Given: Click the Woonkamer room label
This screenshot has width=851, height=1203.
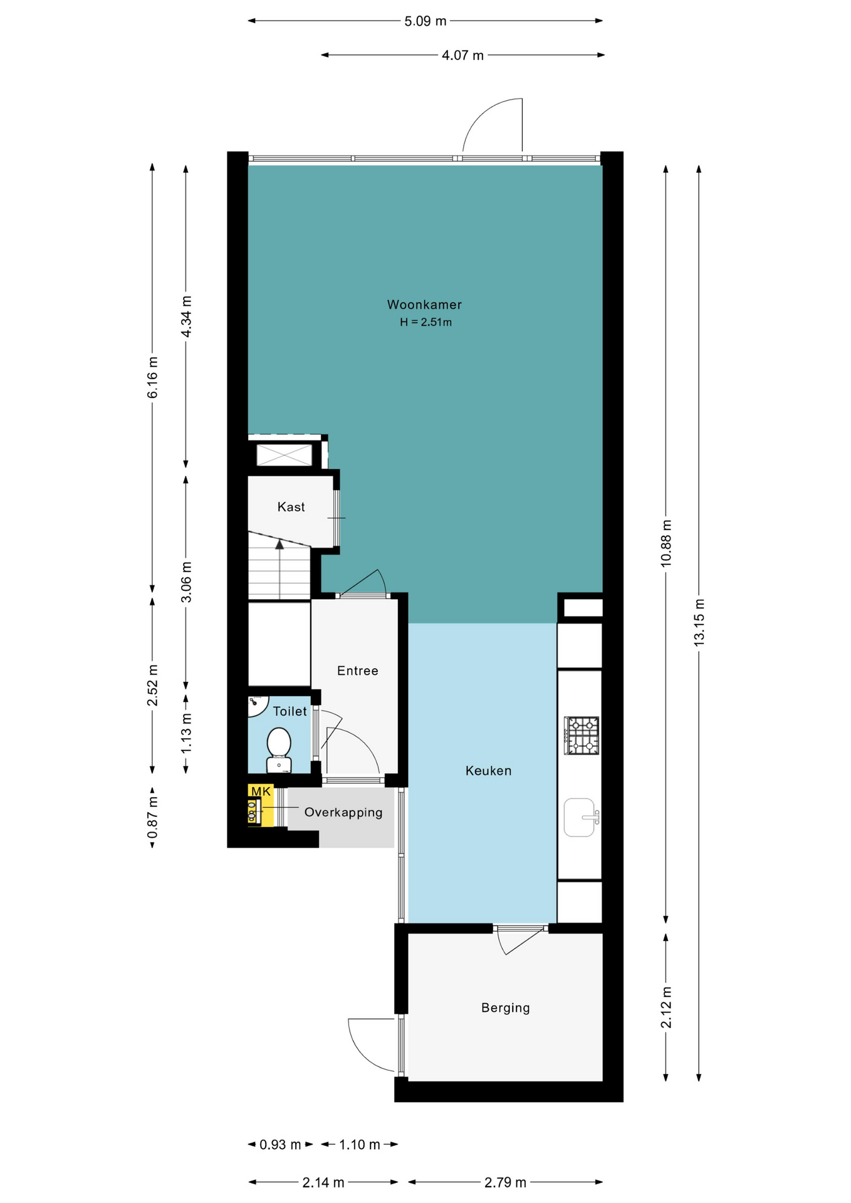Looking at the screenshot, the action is tap(424, 305).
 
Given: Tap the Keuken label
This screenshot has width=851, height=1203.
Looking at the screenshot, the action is tap(488, 771).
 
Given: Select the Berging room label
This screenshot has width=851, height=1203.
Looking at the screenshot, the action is tap(505, 1008).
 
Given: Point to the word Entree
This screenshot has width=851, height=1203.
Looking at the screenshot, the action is tap(357, 670).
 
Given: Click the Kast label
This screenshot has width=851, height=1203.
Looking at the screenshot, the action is tap(291, 506).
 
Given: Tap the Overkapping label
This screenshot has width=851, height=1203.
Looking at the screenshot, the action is tap(343, 812).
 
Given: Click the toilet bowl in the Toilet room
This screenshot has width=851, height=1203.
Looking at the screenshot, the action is tap(279, 749).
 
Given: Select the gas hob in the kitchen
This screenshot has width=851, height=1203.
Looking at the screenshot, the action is tap(582, 736).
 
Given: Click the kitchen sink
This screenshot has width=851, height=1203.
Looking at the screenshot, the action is tap(580, 817).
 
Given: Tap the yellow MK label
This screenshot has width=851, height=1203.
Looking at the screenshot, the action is tap(261, 791).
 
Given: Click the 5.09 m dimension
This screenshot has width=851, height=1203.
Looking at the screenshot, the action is tap(425, 21).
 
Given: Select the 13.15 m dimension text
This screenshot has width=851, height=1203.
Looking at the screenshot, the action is tap(699, 622).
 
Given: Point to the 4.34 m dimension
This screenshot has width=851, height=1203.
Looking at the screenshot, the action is tap(186, 316).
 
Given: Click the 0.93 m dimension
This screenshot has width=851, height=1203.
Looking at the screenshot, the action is tap(280, 1145).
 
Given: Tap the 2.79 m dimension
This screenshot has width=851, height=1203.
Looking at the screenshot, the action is tap(505, 1182).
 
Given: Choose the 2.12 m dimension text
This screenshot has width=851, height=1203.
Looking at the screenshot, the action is tap(666, 1008).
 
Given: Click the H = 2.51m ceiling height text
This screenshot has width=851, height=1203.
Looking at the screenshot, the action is tap(426, 323).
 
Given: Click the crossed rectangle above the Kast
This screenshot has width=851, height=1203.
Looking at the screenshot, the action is tap(284, 455).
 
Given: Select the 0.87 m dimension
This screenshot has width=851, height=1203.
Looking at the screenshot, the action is tap(152, 818).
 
